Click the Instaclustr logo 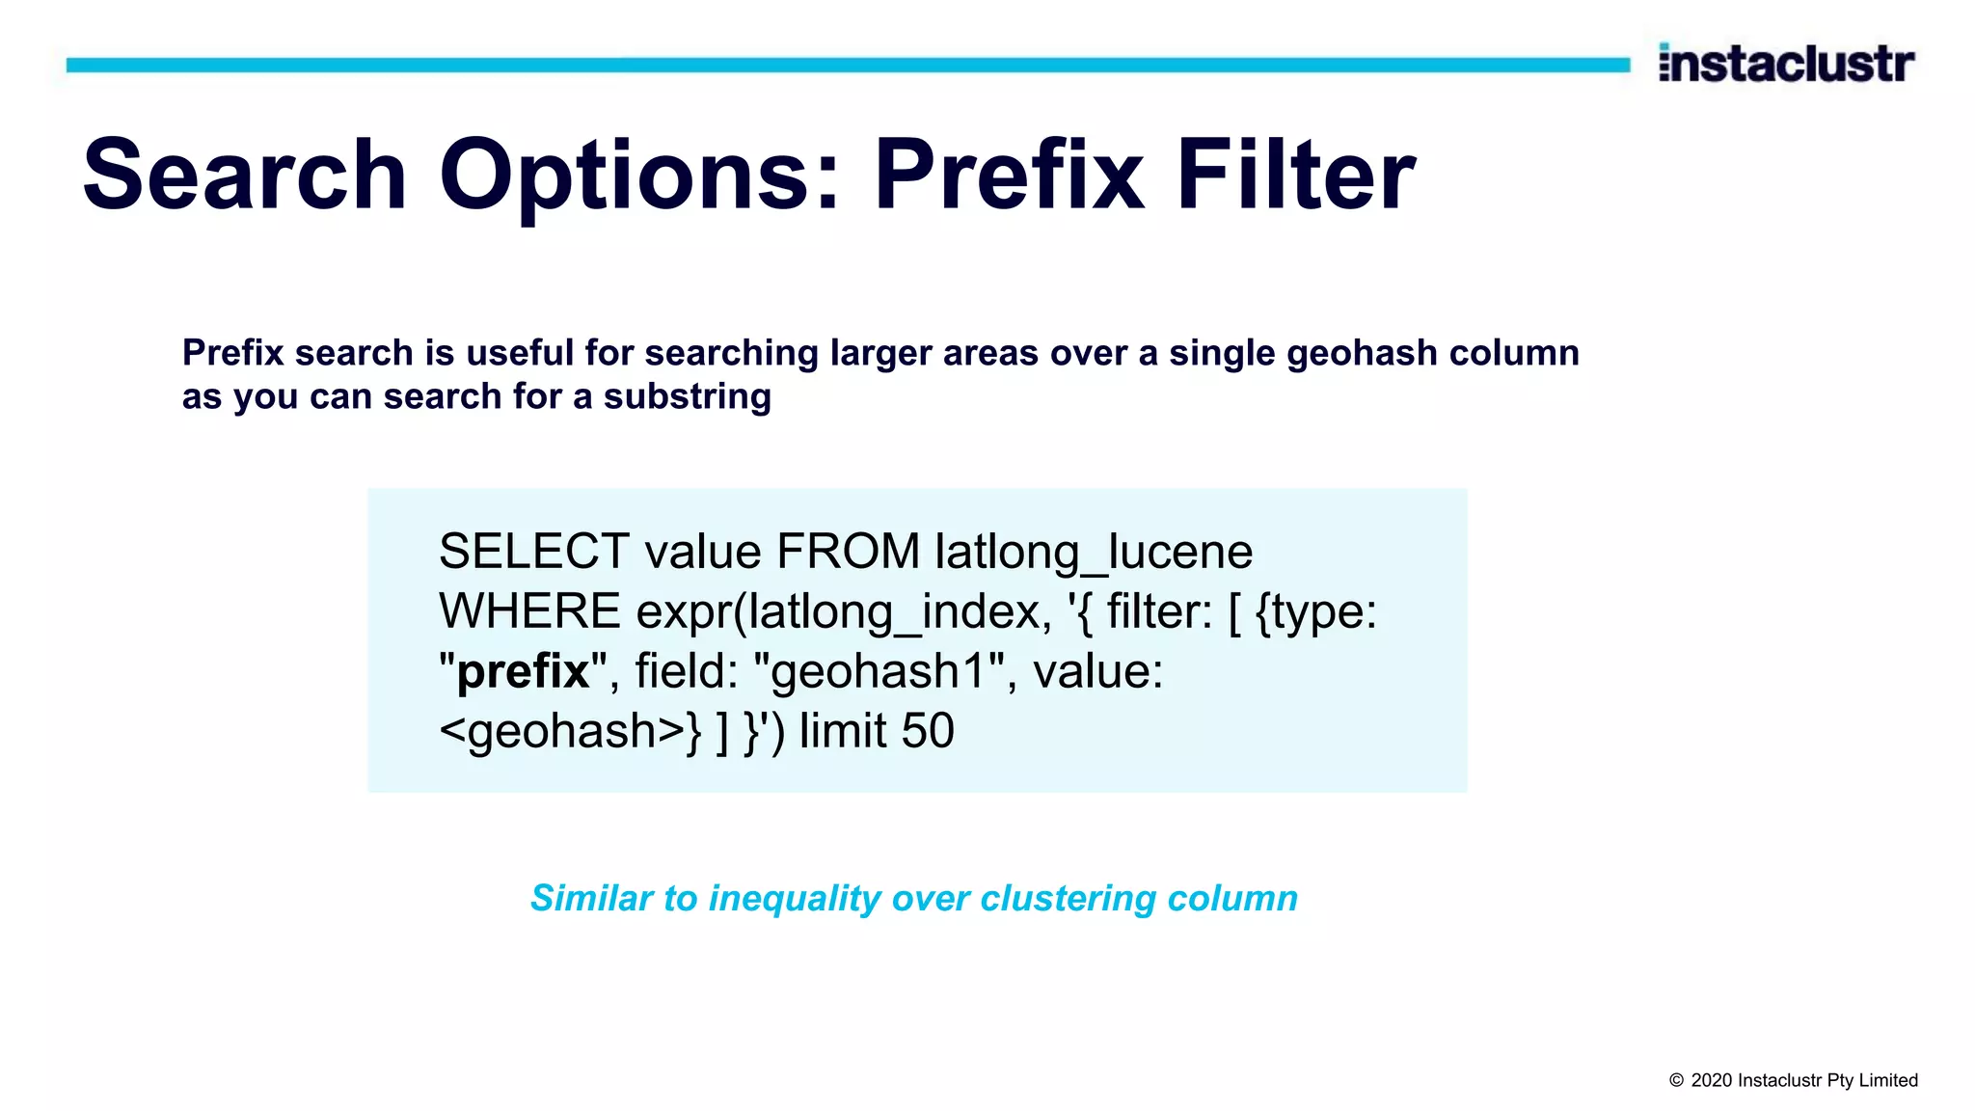tap(1786, 64)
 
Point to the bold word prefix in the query tap(523, 671)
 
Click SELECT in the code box tap(533, 552)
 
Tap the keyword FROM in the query tap(848, 552)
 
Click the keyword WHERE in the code tap(529, 611)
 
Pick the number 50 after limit tap(927, 731)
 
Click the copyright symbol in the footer tap(1676, 1081)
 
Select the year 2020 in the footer tap(1711, 1081)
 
